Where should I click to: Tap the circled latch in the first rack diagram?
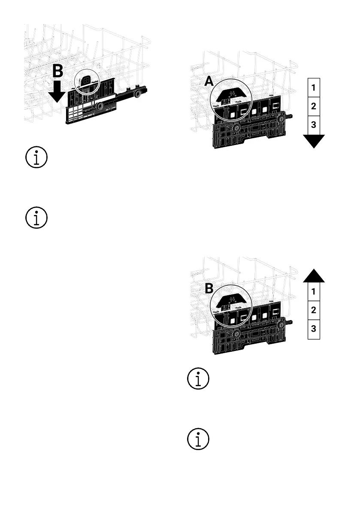click(87, 80)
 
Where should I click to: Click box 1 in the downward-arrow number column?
click(314, 88)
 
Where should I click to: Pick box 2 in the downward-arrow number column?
click(314, 106)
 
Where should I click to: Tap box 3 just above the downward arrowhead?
click(314, 125)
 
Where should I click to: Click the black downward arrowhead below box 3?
click(314, 141)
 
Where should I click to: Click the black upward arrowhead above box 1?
click(314, 275)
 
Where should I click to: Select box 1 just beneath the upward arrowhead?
click(314, 292)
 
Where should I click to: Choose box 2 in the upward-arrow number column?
click(314, 310)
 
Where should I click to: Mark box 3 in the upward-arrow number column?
click(314, 329)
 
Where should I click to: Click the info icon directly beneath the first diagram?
click(36, 157)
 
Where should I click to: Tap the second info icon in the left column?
click(36, 218)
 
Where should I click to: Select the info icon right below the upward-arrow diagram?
click(198, 379)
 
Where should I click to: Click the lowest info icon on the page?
click(198, 439)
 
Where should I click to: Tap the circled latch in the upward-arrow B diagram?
click(232, 302)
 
